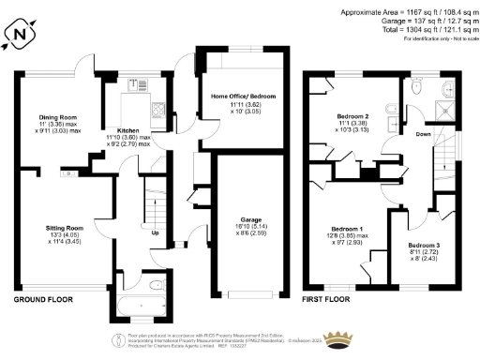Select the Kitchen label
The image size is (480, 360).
pos(128,130)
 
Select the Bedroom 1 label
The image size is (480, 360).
pos(348,229)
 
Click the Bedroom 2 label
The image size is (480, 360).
pos(352,116)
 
